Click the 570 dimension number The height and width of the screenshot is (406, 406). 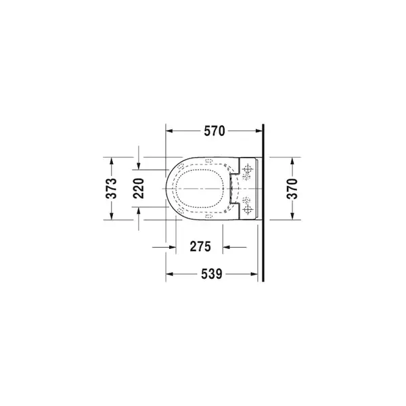215,131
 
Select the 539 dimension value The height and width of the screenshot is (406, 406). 212,274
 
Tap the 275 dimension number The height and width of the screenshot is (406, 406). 200,246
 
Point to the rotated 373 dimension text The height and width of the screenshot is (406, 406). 112,188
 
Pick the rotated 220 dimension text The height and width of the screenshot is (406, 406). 139,188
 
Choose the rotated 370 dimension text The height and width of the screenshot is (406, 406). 292,189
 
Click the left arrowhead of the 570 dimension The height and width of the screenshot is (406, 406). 169,131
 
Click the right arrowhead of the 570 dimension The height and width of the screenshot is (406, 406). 259,131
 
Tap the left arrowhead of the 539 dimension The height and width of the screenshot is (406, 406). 169,274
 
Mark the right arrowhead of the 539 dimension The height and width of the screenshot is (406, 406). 254,274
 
